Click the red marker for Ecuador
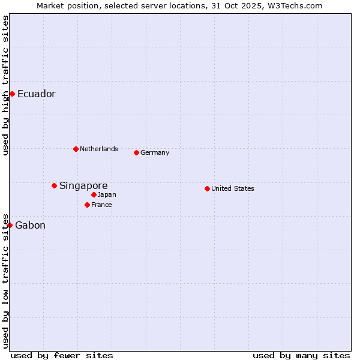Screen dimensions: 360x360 click(12, 94)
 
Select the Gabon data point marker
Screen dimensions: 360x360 click(10, 225)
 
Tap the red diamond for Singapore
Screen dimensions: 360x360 click(54, 185)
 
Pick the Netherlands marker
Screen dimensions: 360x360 click(76, 149)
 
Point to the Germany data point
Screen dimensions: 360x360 click(136, 152)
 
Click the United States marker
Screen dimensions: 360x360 click(207, 188)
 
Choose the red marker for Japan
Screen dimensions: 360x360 click(94, 194)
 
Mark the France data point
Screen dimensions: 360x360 click(87, 205)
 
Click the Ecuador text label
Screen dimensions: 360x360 click(37, 94)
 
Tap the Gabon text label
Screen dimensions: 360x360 click(30, 226)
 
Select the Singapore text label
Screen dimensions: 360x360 click(83, 186)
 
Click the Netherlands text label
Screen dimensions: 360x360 click(99, 149)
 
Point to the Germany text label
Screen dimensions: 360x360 click(155, 152)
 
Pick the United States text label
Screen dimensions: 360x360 click(233, 188)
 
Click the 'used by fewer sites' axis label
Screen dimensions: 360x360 click(62, 355)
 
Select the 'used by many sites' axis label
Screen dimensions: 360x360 click(301, 355)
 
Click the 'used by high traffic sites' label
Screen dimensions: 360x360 click(5, 85)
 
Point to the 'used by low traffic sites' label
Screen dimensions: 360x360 click(5, 280)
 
